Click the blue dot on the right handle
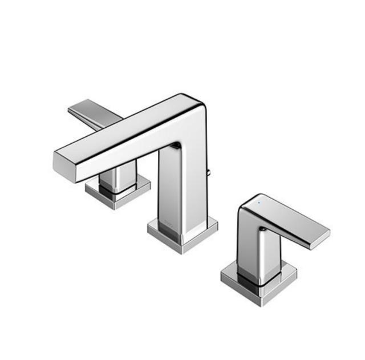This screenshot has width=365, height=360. click(x=260, y=203)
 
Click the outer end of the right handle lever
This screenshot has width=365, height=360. click(x=321, y=237)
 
